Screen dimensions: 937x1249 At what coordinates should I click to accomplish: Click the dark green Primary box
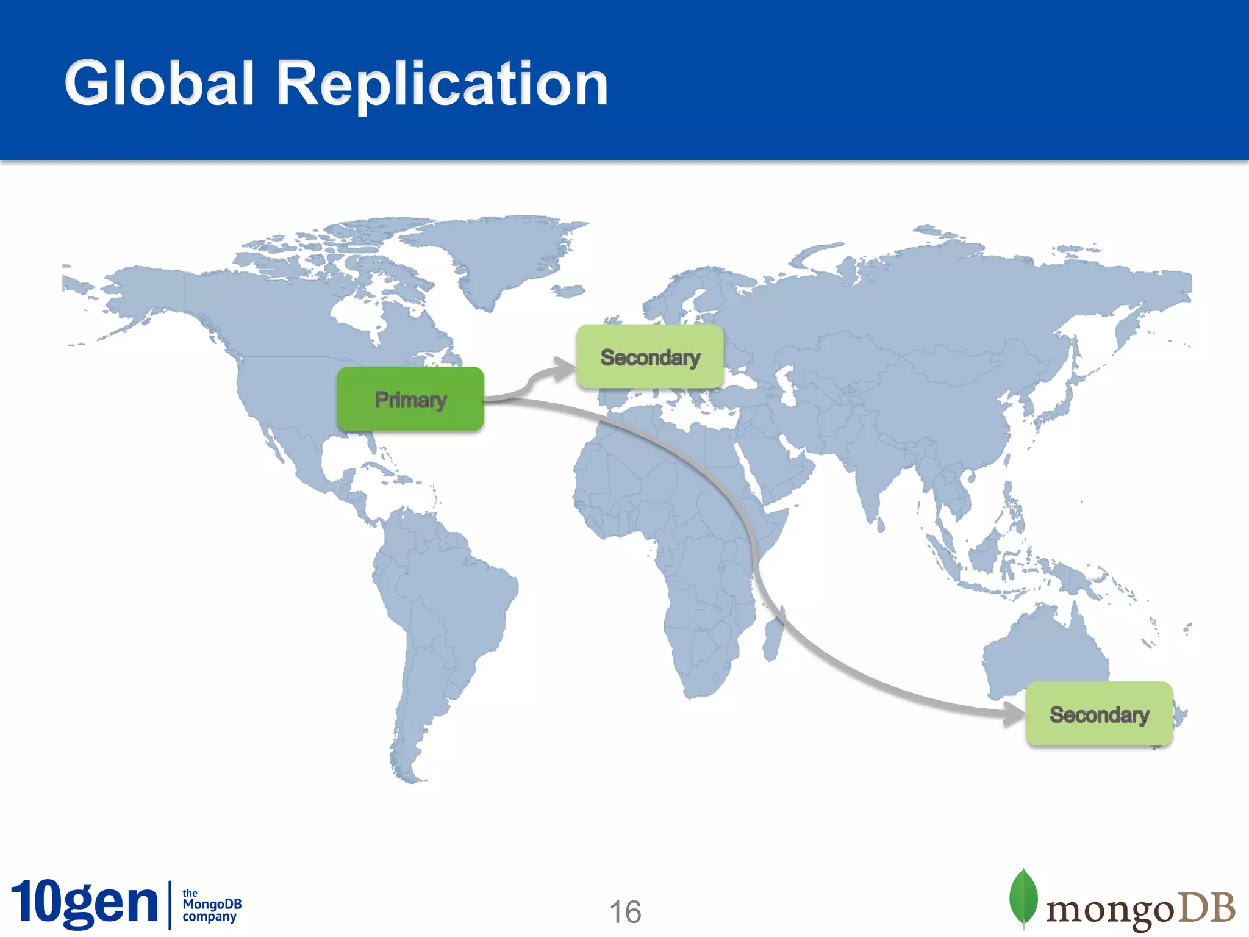[x=410, y=399]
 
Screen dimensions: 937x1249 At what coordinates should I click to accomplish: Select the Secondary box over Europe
[x=650, y=357]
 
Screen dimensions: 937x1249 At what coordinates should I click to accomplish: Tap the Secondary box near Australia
[x=1099, y=714]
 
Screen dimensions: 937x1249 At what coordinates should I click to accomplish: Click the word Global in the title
[x=159, y=84]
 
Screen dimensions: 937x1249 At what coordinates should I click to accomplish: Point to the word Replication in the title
[x=442, y=84]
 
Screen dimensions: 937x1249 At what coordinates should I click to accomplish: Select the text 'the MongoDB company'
[x=211, y=905]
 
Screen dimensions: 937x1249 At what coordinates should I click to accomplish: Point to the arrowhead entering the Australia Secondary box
[x=1015, y=713]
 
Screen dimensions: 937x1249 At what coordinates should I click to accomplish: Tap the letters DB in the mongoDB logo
[x=1206, y=908]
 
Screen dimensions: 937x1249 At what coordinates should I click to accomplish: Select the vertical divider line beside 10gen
[x=170, y=904]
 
